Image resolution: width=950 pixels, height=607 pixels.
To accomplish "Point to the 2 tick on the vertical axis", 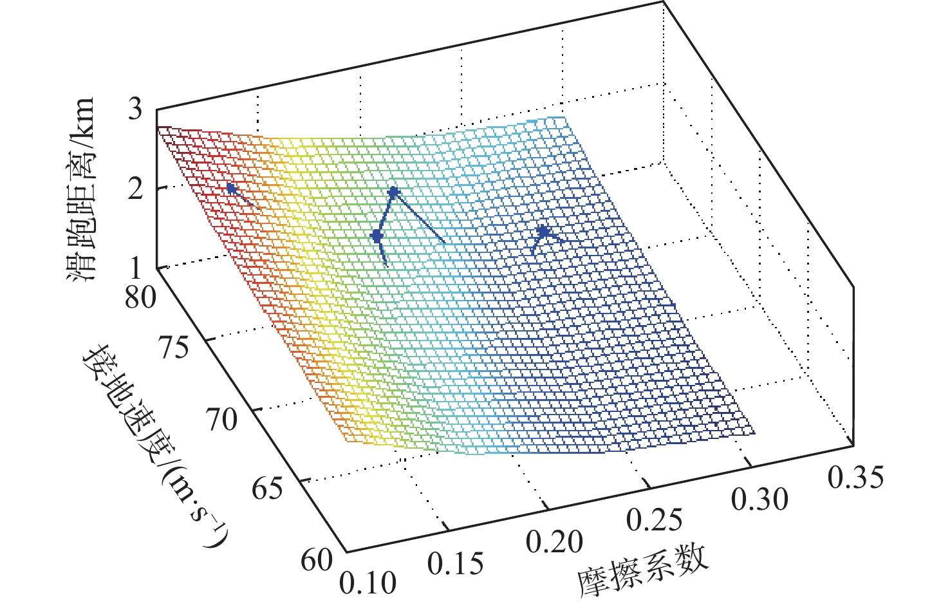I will [x=135, y=189].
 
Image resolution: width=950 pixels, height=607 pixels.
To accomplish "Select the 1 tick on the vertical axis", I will [x=135, y=267].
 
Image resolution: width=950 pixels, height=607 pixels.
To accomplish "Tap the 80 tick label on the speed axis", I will [x=140, y=297].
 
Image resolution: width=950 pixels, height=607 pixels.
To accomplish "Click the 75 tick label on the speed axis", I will [x=173, y=348].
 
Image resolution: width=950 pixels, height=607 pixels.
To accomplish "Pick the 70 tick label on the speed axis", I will [x=221, y=420].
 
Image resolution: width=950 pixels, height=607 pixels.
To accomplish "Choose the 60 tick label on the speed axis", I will [x=317, y=560].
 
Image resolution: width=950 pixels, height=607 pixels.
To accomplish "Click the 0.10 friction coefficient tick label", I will [x=368, y=583].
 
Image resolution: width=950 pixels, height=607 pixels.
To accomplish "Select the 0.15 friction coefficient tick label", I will [x=456, y=565].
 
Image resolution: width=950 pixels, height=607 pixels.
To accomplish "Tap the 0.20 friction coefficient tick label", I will [x=554, y=542].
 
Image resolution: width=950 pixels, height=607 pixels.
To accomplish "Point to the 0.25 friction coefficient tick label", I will [x=655, y=519].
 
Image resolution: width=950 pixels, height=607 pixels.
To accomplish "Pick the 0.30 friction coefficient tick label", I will [x=759, y=499].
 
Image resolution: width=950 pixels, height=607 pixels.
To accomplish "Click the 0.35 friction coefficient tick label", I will [x=855, y=478].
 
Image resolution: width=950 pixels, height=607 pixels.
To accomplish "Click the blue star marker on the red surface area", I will [x=232, y=189].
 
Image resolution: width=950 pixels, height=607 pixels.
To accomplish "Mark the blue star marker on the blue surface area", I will [x=543, y=231].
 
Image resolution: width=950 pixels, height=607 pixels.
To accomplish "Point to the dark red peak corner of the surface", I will [x=160, y=129].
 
